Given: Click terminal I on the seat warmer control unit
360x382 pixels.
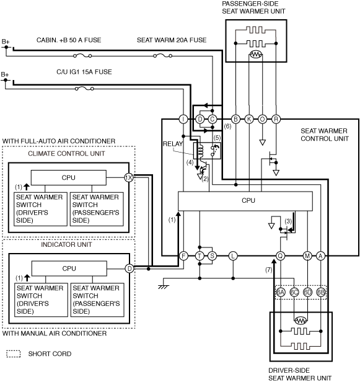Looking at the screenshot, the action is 183,119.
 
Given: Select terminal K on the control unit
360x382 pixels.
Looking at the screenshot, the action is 249,119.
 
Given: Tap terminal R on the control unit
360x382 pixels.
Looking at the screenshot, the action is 276,119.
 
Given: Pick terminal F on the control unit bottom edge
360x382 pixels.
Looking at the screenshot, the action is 183,255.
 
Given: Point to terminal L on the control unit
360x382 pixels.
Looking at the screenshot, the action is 233,255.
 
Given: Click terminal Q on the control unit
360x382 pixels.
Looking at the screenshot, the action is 281,255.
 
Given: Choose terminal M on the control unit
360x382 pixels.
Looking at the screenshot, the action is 307,255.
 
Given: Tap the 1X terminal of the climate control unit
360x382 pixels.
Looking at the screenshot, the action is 129,177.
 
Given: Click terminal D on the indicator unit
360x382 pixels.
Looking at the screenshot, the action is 130,269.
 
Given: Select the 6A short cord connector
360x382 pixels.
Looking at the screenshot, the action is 281,292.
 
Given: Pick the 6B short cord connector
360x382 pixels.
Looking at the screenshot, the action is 320,292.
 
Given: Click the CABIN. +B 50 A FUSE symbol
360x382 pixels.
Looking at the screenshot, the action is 82,56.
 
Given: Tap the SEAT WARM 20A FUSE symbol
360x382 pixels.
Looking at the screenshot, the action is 162,56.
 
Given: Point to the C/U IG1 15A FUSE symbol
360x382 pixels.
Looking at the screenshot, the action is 84,89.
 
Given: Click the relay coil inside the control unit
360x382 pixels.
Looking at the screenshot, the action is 201,151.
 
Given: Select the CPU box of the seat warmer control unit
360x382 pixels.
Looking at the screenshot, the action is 245,201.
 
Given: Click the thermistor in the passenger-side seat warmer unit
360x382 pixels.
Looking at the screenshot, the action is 255,55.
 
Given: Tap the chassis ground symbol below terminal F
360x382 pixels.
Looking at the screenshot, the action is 164,287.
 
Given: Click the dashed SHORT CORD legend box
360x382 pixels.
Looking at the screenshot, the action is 14,353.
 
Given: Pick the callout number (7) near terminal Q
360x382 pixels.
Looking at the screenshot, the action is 268,270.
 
